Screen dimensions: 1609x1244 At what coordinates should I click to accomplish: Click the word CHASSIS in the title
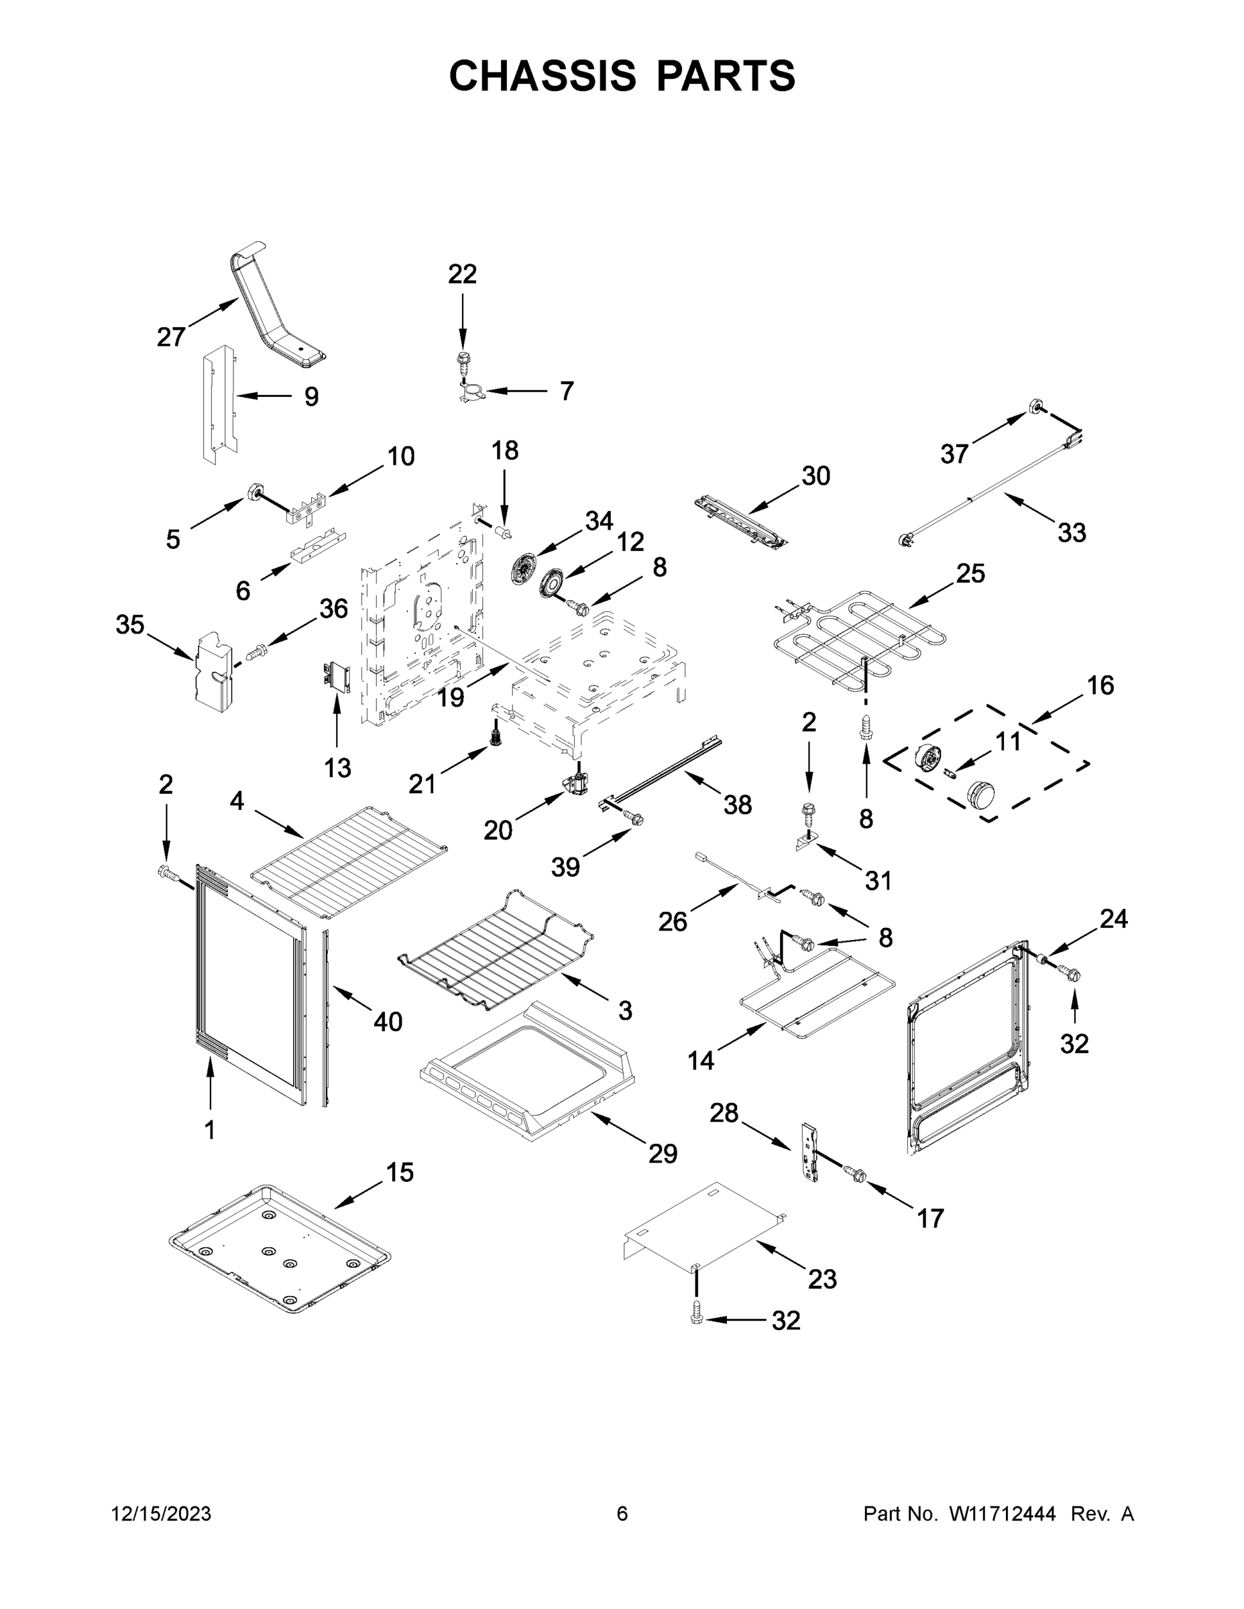point(543,76)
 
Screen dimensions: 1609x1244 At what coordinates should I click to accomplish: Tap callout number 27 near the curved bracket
point(171,337)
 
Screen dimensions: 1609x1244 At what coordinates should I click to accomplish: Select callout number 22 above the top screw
point(462,274)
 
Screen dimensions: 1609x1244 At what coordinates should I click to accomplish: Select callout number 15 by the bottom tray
point(400,1172)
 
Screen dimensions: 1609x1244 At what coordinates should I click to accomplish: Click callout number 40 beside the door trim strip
point(388,1022)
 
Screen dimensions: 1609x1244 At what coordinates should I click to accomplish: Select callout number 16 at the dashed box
point(1100,686)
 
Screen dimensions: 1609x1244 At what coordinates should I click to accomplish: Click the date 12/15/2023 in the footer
point(162,1514)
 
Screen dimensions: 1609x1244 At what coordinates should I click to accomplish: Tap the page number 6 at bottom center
point(622,1514)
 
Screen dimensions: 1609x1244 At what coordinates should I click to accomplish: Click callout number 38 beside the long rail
point(737,804)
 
